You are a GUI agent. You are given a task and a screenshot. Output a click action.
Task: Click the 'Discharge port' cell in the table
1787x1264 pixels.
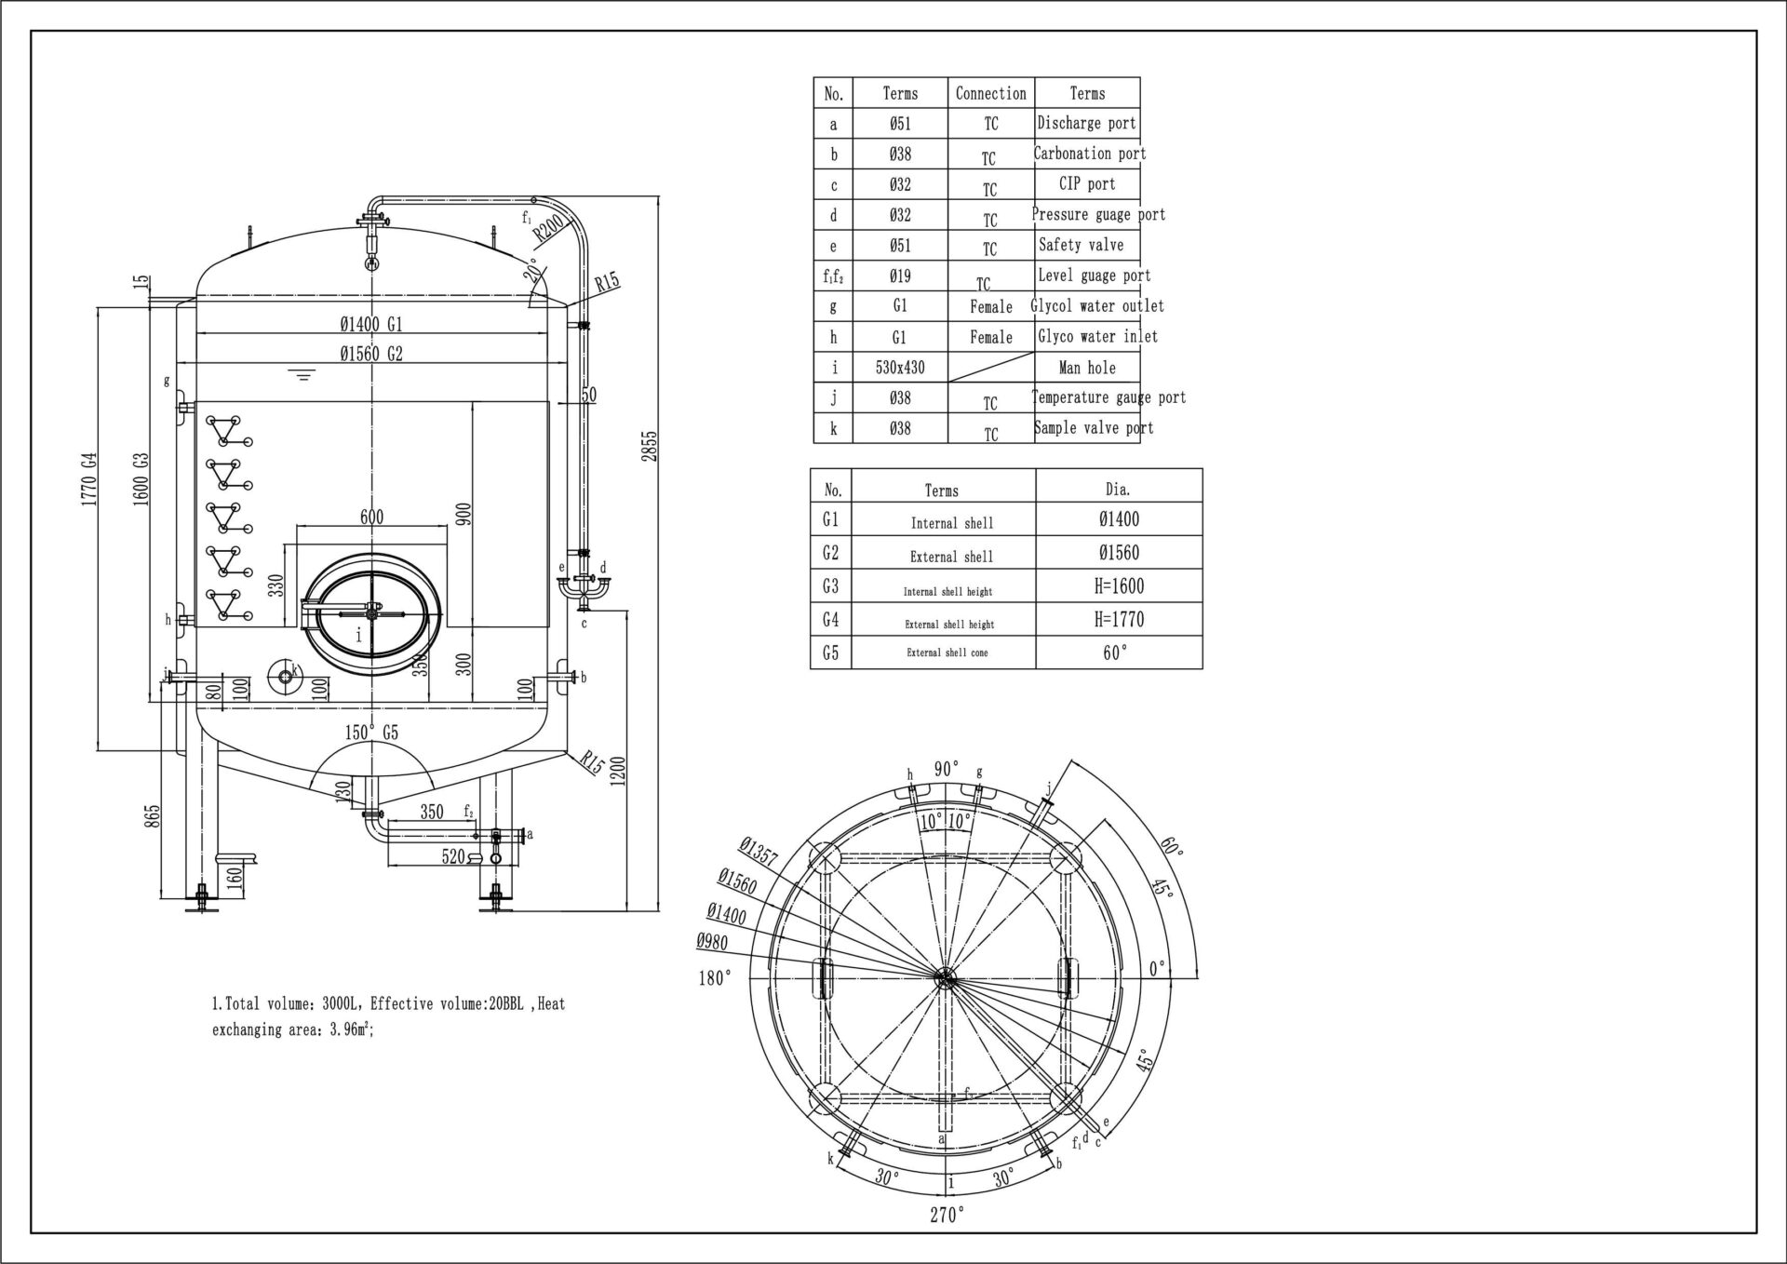coord(1086,123)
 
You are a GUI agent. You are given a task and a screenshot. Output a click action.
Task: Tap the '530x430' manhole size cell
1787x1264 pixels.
coord(899,368)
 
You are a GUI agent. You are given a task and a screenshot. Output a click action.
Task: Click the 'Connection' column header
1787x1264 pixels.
coord(990,93)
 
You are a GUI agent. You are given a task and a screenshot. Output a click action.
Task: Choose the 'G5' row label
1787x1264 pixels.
coord(830,652)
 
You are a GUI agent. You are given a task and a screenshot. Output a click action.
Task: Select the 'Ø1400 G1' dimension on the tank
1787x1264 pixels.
coord(370,324)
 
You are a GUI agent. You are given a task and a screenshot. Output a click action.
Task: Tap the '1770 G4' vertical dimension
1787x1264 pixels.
coord(89,478)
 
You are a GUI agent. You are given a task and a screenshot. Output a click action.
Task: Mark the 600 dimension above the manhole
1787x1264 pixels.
coord(371,518)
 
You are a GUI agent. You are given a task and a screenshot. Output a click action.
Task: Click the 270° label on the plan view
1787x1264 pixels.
coord(947,1214)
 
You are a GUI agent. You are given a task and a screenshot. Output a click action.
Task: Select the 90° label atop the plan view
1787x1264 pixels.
coord(946,769)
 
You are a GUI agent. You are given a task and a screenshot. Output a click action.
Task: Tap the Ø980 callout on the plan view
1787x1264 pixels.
coord(712,942)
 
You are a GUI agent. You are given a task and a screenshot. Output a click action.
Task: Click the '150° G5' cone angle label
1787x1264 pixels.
coord(371,733)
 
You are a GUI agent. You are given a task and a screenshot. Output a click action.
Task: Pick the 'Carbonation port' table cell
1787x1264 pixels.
coord(1090,154)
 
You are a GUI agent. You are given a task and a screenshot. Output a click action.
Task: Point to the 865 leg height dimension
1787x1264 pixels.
coord(154,815)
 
